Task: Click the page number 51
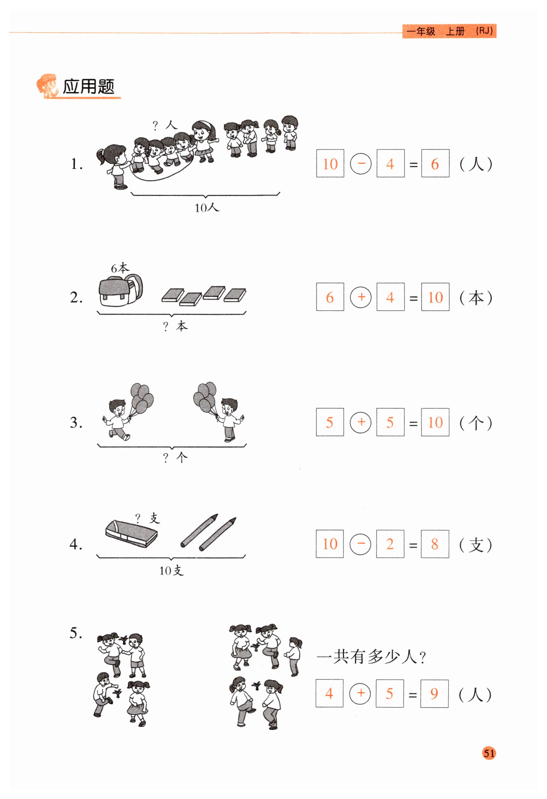489,753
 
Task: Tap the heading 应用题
88,86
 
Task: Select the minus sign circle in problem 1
361,163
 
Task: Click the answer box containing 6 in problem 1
435,163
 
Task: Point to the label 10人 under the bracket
207,207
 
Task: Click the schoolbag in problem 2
120,290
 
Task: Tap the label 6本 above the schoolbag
120,268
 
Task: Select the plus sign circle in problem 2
361,297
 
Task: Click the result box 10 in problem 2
435,297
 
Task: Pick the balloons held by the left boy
141,398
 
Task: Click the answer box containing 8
435,544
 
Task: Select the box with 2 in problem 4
390,544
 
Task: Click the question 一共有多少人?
371,657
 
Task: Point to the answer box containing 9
434,693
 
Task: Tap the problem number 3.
76,422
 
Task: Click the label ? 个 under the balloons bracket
175,458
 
